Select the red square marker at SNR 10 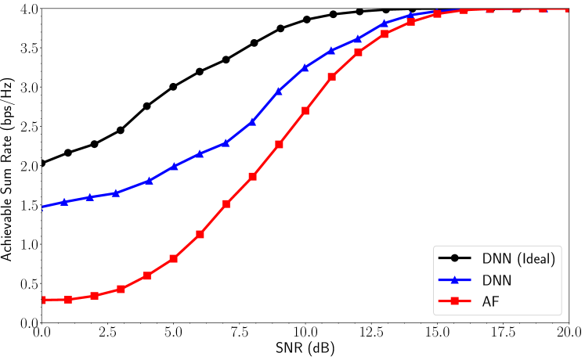coord(305,110)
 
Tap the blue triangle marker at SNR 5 coord(174,166)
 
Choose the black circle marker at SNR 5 coord(173,86)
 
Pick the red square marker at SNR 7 coord(226,203)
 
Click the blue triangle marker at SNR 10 coord(305,67)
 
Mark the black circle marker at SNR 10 coord(306,20)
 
